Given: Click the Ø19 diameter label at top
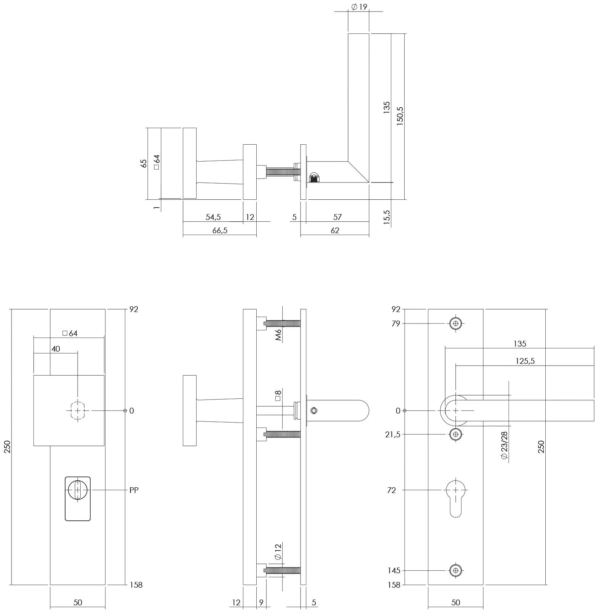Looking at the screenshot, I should click(359, 7).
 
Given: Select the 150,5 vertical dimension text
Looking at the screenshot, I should click(400, 116).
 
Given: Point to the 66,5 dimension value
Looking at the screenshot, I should click(220, 231).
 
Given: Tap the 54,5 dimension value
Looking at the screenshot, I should click(213, 217).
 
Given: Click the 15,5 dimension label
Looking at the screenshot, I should click(387, 217).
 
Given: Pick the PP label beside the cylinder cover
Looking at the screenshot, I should click(134, 490).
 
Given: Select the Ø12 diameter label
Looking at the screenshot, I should click(277, 562).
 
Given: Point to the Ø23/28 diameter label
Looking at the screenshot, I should click(504, 446).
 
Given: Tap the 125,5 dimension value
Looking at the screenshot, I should click(525, 361).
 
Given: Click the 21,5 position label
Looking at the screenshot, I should click(392, 434).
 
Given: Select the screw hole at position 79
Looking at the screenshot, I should click(456, 324).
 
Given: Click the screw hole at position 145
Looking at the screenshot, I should click(456, 580).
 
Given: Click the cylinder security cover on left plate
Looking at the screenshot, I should click(78, 499).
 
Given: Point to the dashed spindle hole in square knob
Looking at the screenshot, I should click(77, 411).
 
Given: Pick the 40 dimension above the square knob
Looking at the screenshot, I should click(56, 349).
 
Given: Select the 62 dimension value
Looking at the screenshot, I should click(335, 231).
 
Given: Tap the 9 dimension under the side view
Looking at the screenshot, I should click(261, 602).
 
